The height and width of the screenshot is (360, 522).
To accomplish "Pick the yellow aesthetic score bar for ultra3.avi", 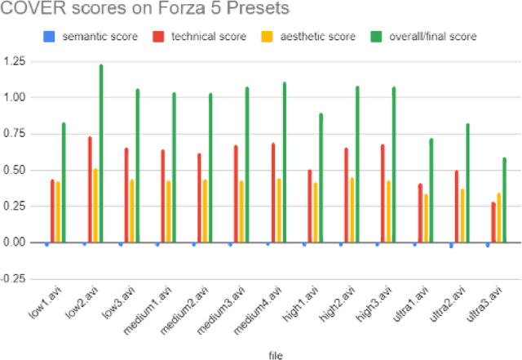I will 499,218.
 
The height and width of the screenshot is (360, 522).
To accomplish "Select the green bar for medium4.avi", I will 284,162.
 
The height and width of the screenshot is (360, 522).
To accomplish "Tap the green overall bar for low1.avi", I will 64,183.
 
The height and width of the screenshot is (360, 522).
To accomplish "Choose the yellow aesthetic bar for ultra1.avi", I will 426,218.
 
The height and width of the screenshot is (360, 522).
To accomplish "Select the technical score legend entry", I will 205,36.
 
